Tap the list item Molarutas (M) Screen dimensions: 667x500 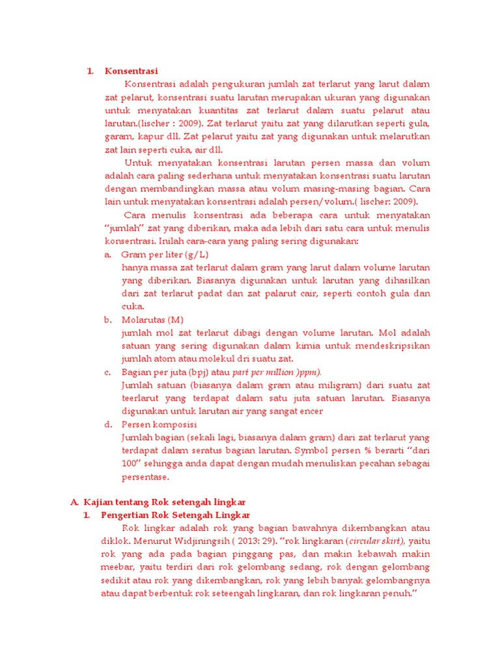coord(152,319)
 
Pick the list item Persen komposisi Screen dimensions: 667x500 coord(159,424)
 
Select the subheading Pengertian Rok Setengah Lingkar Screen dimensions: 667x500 coord(176,515)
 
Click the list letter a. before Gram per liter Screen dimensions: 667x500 coord(108,254)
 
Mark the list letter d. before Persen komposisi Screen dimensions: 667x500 coord(108,424)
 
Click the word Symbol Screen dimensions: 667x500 coord(311,450)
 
